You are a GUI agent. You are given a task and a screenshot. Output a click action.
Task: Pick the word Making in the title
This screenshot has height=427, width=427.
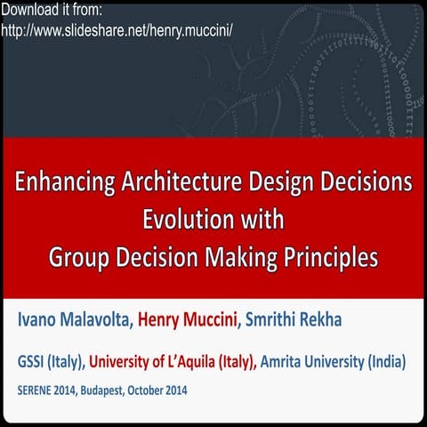click(238, 256)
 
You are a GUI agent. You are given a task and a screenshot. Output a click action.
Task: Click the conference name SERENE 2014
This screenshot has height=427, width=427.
click(50, 390)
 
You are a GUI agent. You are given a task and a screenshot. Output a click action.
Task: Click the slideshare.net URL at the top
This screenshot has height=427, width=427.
click(117, 29)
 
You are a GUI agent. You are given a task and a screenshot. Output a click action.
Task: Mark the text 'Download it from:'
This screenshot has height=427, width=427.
click(52, 11)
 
